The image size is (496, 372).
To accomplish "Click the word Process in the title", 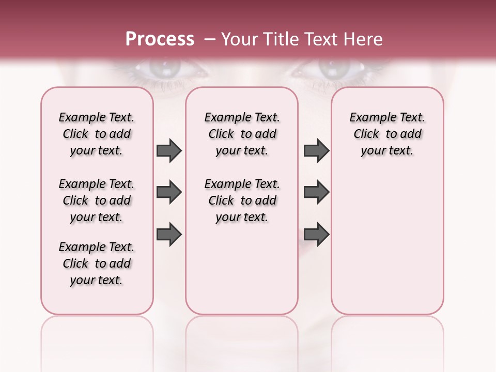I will pyautogui.click(x=160, y=39).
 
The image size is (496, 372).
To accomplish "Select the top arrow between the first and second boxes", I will pyautogui.click(x=169, y=151).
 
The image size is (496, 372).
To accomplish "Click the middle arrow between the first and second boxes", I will pyautogui.click(x=169, y=192).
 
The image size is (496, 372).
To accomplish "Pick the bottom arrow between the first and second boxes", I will pyautogui.click(x=169, y=235).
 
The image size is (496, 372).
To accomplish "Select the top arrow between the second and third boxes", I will pyautogui.click(x=316, y=151).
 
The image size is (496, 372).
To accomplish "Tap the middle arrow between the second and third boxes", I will pyautogui.click(x=316, y=192).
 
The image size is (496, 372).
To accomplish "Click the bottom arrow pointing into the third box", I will pyautogui.click(x=316, y=235).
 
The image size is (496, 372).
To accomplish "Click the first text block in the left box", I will pyautogui.click(x=97, y=134).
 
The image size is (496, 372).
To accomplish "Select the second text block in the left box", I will pyautogui.click(x=97, y=200).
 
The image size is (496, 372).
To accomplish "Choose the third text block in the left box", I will pyautogui.click(x=97, y=263).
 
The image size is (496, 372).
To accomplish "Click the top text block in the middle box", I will pyautogui.click(x=242, y=134).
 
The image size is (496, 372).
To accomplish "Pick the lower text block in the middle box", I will pyautogui.click(x=242, y=200).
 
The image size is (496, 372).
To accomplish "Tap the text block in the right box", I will pyautogui.click(x=388, y=134).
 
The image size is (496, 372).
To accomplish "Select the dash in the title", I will pyautogui.click(x=209, y=39).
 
